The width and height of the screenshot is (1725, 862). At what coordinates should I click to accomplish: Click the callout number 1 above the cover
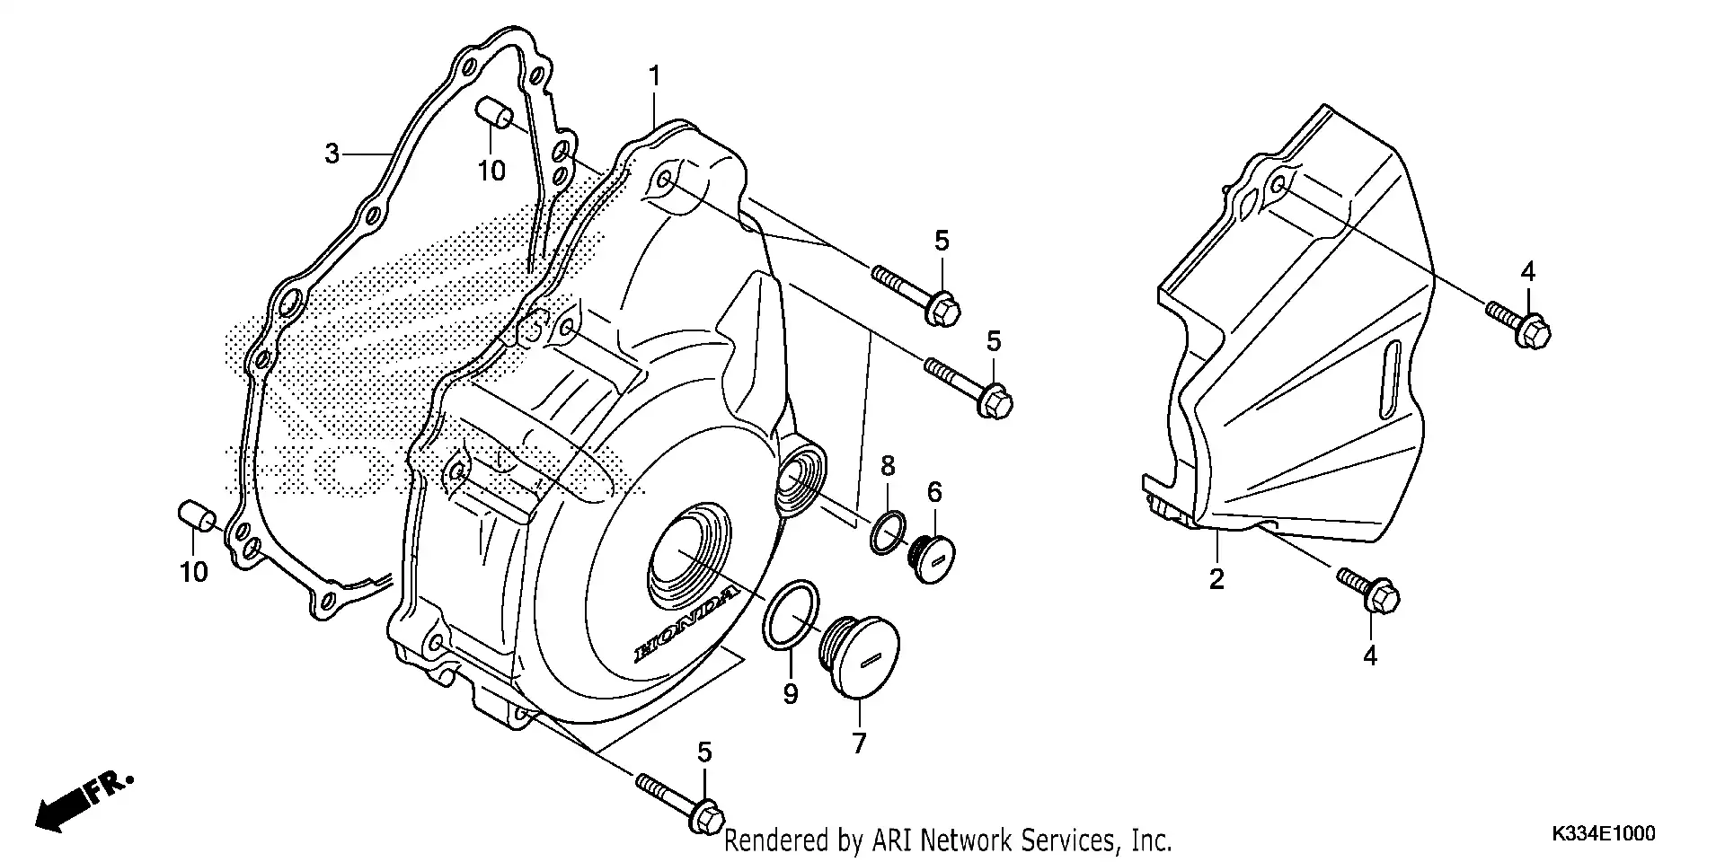coord(655,76)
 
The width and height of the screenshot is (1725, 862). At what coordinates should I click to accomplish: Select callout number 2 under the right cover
coord(1216,579)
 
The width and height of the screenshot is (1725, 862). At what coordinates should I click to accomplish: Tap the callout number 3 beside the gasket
coord(332,154)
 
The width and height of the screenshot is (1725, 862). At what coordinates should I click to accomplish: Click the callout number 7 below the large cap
coord(859,743)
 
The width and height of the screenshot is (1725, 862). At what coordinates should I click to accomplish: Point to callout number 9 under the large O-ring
coord(790,694)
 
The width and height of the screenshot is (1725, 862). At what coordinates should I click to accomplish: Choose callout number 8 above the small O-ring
coord(888,465)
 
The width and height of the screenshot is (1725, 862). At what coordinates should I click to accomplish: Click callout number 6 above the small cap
coord(934,491)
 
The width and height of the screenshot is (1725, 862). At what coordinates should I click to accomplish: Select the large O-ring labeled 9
coord(792,613)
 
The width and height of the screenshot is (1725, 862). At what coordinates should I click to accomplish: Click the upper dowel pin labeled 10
coord(493,116)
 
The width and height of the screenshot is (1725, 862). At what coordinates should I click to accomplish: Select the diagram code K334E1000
coord(1602,834)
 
